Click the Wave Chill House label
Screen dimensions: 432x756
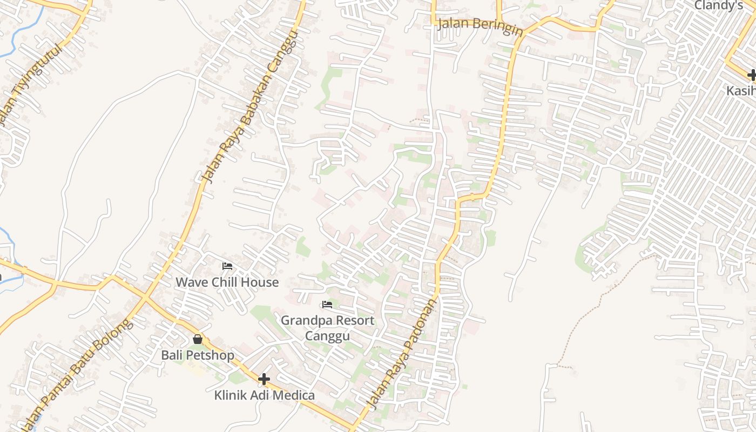point(227,282)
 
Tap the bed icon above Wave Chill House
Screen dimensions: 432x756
point(227,266)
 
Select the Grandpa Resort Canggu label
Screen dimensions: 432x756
point(327,328)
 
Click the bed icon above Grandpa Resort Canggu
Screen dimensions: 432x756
point(327,305)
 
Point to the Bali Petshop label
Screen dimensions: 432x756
point(198,355)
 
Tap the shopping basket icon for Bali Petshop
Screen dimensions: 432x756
point(198,339)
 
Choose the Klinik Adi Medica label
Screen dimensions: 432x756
point(264,395)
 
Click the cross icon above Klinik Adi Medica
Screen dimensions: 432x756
point(264,379)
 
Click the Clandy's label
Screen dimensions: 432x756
point(718,6)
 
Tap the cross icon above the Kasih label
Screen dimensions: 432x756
point(752,75)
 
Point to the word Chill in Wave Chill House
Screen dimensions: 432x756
point(228,282)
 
